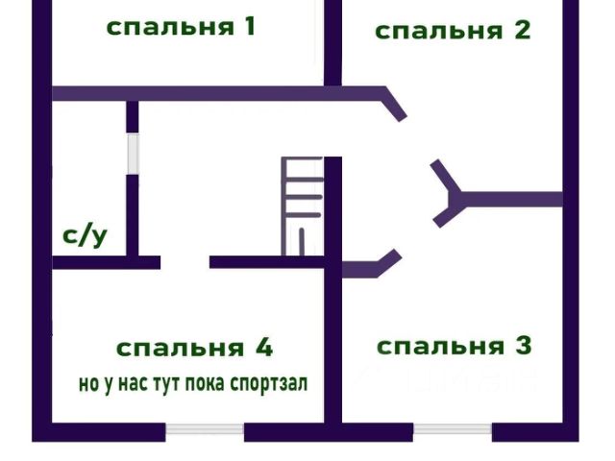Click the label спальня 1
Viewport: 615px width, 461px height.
[180, 27]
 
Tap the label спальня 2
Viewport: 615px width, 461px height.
[452, 30]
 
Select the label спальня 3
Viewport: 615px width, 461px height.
[454, 346]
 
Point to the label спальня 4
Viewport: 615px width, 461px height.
[195, 347]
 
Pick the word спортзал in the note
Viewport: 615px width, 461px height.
[269, 384]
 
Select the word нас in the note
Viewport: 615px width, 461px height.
[124, 384]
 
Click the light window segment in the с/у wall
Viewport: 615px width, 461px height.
[133, 154]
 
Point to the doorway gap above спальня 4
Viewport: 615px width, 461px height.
[184, 261]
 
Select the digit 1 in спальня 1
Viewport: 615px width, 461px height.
[248, 26]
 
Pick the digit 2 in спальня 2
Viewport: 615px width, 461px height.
[521, 30]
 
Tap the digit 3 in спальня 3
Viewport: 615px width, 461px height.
[523, 346]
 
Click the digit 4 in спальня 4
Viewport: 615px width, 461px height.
[264, 347]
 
